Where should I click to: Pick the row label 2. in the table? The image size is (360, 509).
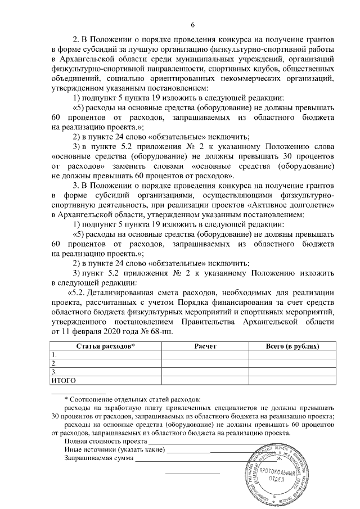tap(54, 364)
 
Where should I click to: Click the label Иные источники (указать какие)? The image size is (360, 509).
tap(115, 451)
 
